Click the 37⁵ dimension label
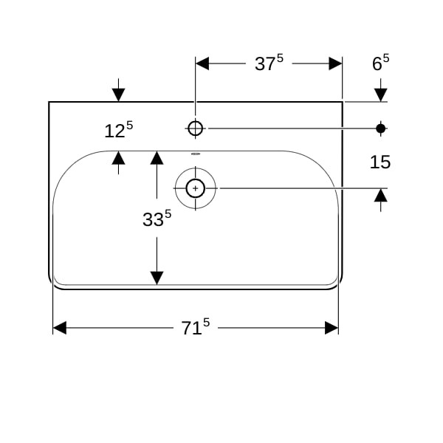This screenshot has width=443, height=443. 269,63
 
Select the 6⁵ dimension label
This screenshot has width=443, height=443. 380,63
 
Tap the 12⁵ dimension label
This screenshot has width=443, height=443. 118,130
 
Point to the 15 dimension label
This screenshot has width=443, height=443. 380,162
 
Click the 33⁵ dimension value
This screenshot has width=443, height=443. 157,218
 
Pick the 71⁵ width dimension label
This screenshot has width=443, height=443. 195,326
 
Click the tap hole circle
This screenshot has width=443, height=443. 195,128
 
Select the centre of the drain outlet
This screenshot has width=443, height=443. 195,188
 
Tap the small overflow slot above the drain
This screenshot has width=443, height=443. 195,154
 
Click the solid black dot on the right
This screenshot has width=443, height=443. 380,128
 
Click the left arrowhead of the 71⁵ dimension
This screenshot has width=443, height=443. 60,328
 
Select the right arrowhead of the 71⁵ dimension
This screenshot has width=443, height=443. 332,328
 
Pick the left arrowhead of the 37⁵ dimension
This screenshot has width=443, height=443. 202,63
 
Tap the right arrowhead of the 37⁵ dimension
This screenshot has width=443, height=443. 335,63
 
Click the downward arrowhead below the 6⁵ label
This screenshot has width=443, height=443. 380,95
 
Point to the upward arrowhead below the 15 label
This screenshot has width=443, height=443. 380,195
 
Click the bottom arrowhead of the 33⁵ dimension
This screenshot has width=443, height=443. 157,278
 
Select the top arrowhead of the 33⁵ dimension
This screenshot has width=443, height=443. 157,158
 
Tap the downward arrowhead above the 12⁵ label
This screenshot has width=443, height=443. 118,95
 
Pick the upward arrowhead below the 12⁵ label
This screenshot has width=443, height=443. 118,158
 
